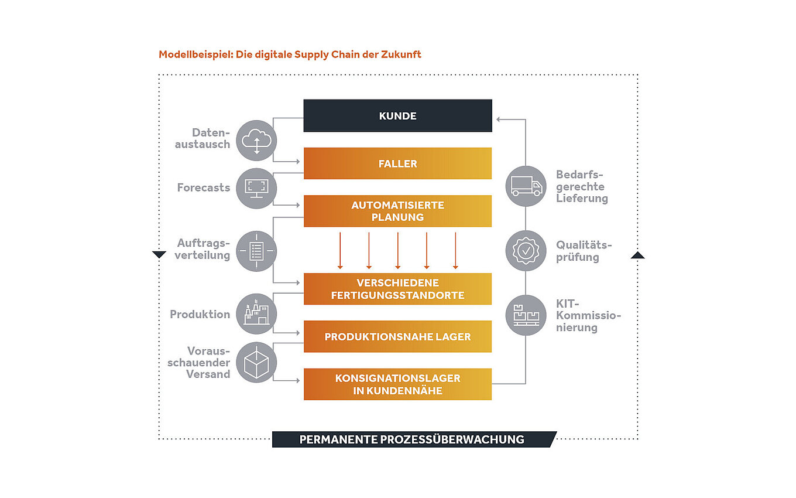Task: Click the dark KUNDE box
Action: click(x=397, y=115)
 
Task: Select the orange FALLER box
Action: click(x=397, y=163)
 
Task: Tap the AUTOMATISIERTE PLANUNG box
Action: click(x=397, y=211)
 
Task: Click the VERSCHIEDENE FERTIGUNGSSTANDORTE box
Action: click(x=397, y=289)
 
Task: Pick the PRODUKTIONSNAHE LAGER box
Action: click(x=397, y=337)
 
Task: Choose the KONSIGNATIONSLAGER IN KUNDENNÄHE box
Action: click(x=397, y=384)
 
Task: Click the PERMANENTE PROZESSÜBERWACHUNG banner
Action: click(x=412, y=439)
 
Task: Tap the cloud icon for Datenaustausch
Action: click(x=256, y=140)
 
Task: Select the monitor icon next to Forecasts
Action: click(x=256, y=187)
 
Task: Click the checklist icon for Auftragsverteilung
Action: click(x=256, y=252)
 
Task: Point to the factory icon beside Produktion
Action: click(x=256, y=314)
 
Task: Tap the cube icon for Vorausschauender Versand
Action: click(x=256, y=363)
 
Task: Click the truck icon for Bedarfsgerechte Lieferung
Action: click(x=526, y=186)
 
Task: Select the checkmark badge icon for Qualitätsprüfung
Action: click(x=526, y=251)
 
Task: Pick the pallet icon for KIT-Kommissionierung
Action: click(x=526, y=315)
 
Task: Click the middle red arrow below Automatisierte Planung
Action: click(x=398, y=251)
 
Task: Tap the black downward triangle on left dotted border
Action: click(x=159, y=255)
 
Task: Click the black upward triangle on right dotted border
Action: click(x=638, y=255)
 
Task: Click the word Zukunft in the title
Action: click(x=402, y=54)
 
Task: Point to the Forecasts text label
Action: click(x=203, y=188)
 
